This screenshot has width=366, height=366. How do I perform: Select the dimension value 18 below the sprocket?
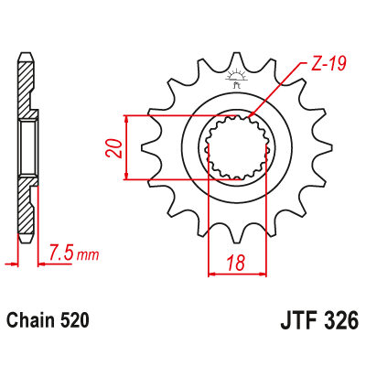click(237, 263)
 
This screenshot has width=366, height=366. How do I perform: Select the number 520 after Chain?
click(72, 322)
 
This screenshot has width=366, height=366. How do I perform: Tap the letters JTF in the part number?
click(295, 322)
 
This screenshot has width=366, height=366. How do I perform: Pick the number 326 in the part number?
click(338, 322)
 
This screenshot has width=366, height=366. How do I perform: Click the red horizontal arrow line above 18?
click(237, 273)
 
